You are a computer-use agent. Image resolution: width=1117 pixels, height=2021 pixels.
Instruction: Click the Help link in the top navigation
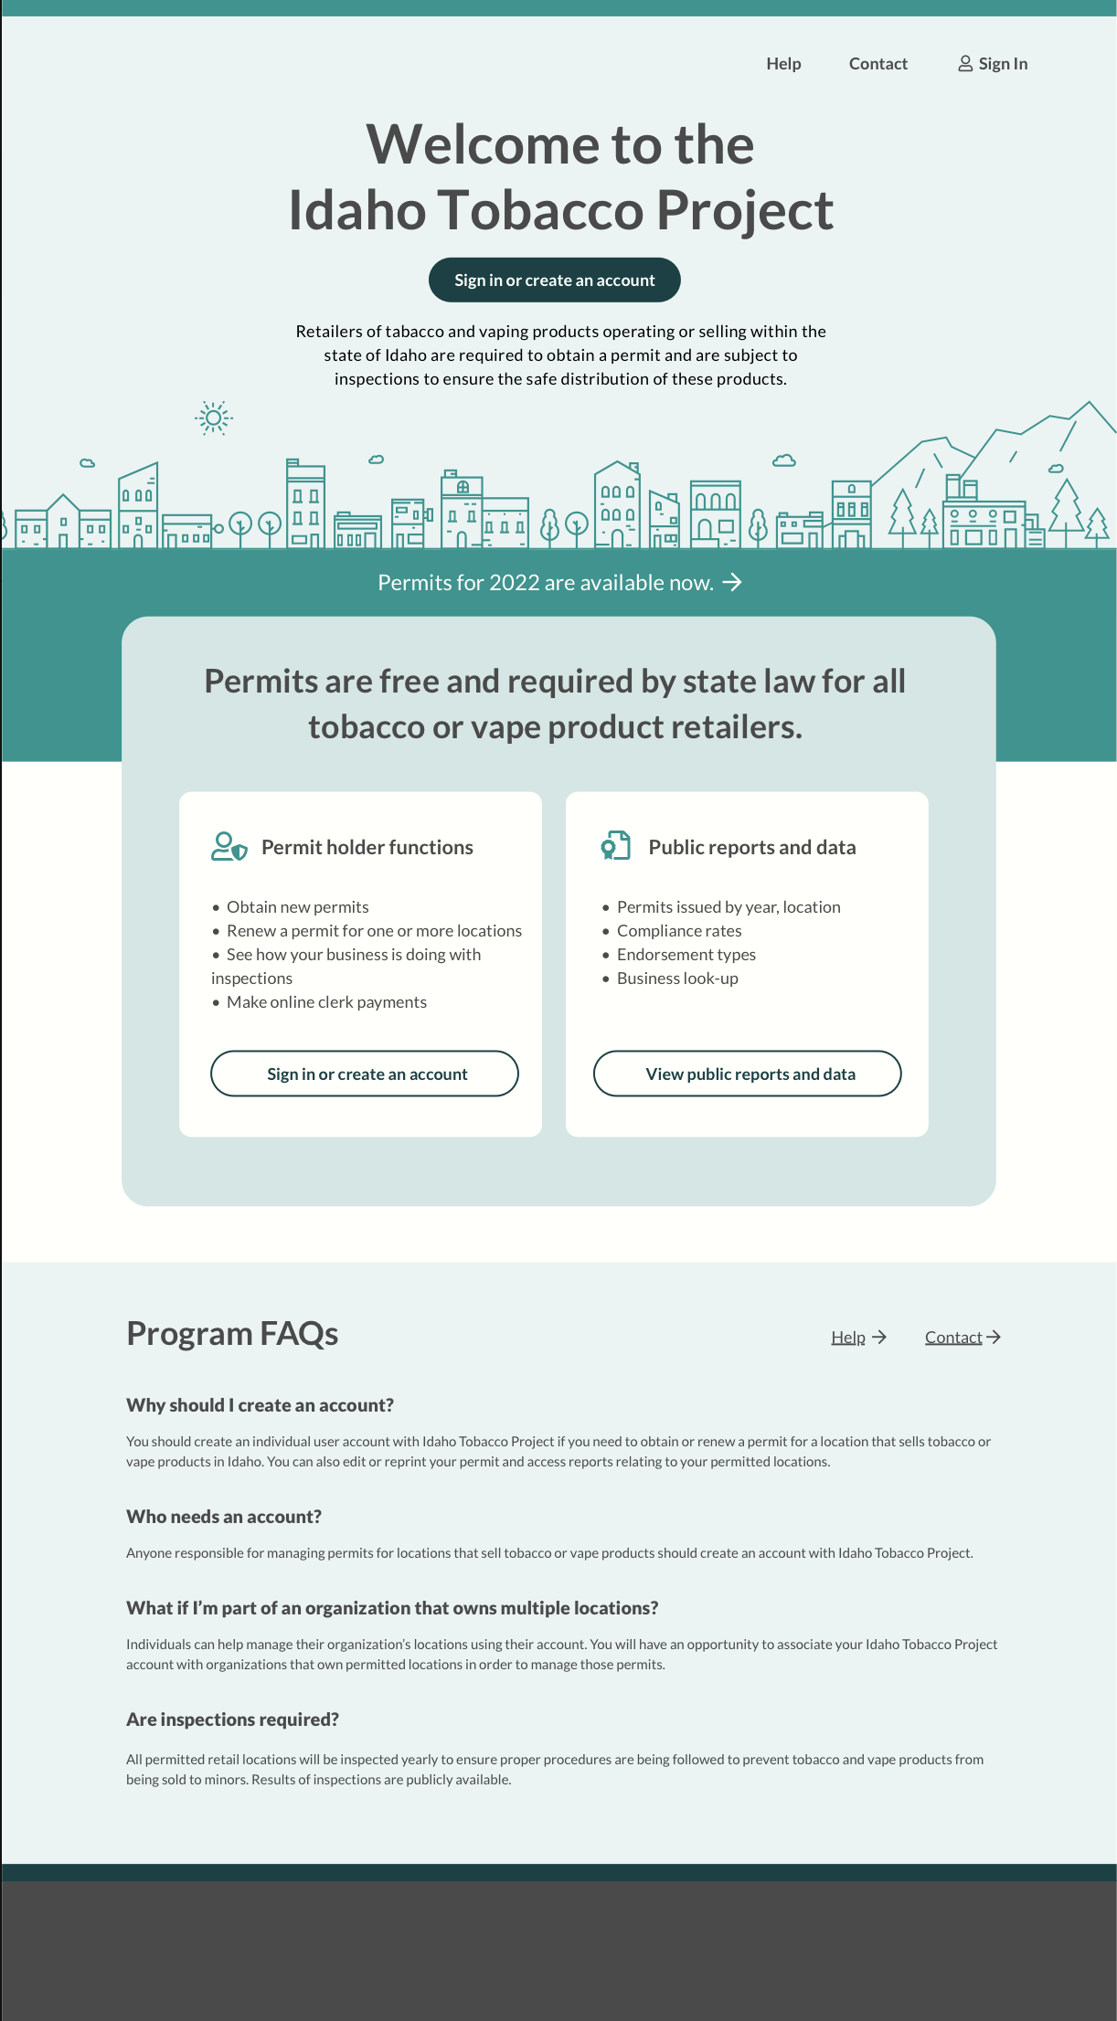783,64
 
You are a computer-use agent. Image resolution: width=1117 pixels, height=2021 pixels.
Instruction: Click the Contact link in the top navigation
878,64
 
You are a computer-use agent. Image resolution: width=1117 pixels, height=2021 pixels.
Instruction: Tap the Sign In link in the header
1003,64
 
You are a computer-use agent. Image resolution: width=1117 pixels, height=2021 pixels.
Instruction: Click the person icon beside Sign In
964,64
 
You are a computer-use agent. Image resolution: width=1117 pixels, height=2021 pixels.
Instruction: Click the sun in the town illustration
214,418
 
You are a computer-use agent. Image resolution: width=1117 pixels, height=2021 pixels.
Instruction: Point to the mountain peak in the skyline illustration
1088,404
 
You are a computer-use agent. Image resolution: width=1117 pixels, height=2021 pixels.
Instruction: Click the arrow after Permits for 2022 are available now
732,583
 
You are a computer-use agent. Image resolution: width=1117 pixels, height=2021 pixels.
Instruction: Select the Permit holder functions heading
367,847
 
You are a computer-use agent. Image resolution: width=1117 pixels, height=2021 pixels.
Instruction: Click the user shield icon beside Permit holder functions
229,846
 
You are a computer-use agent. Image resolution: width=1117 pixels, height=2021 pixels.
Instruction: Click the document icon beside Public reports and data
616,845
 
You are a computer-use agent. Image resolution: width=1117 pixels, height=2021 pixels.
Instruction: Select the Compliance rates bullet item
678,931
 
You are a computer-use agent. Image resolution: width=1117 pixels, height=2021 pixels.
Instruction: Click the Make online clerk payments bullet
326,1002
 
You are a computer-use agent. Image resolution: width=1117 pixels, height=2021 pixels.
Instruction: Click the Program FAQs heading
232,1334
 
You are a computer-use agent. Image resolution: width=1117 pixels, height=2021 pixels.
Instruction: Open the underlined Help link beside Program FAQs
848,1338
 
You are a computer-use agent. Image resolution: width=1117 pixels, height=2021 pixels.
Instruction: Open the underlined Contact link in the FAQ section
953,1338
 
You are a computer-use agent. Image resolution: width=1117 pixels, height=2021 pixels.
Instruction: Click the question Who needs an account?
224,1517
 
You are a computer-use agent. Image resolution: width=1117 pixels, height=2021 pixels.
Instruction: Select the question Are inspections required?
232,1719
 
